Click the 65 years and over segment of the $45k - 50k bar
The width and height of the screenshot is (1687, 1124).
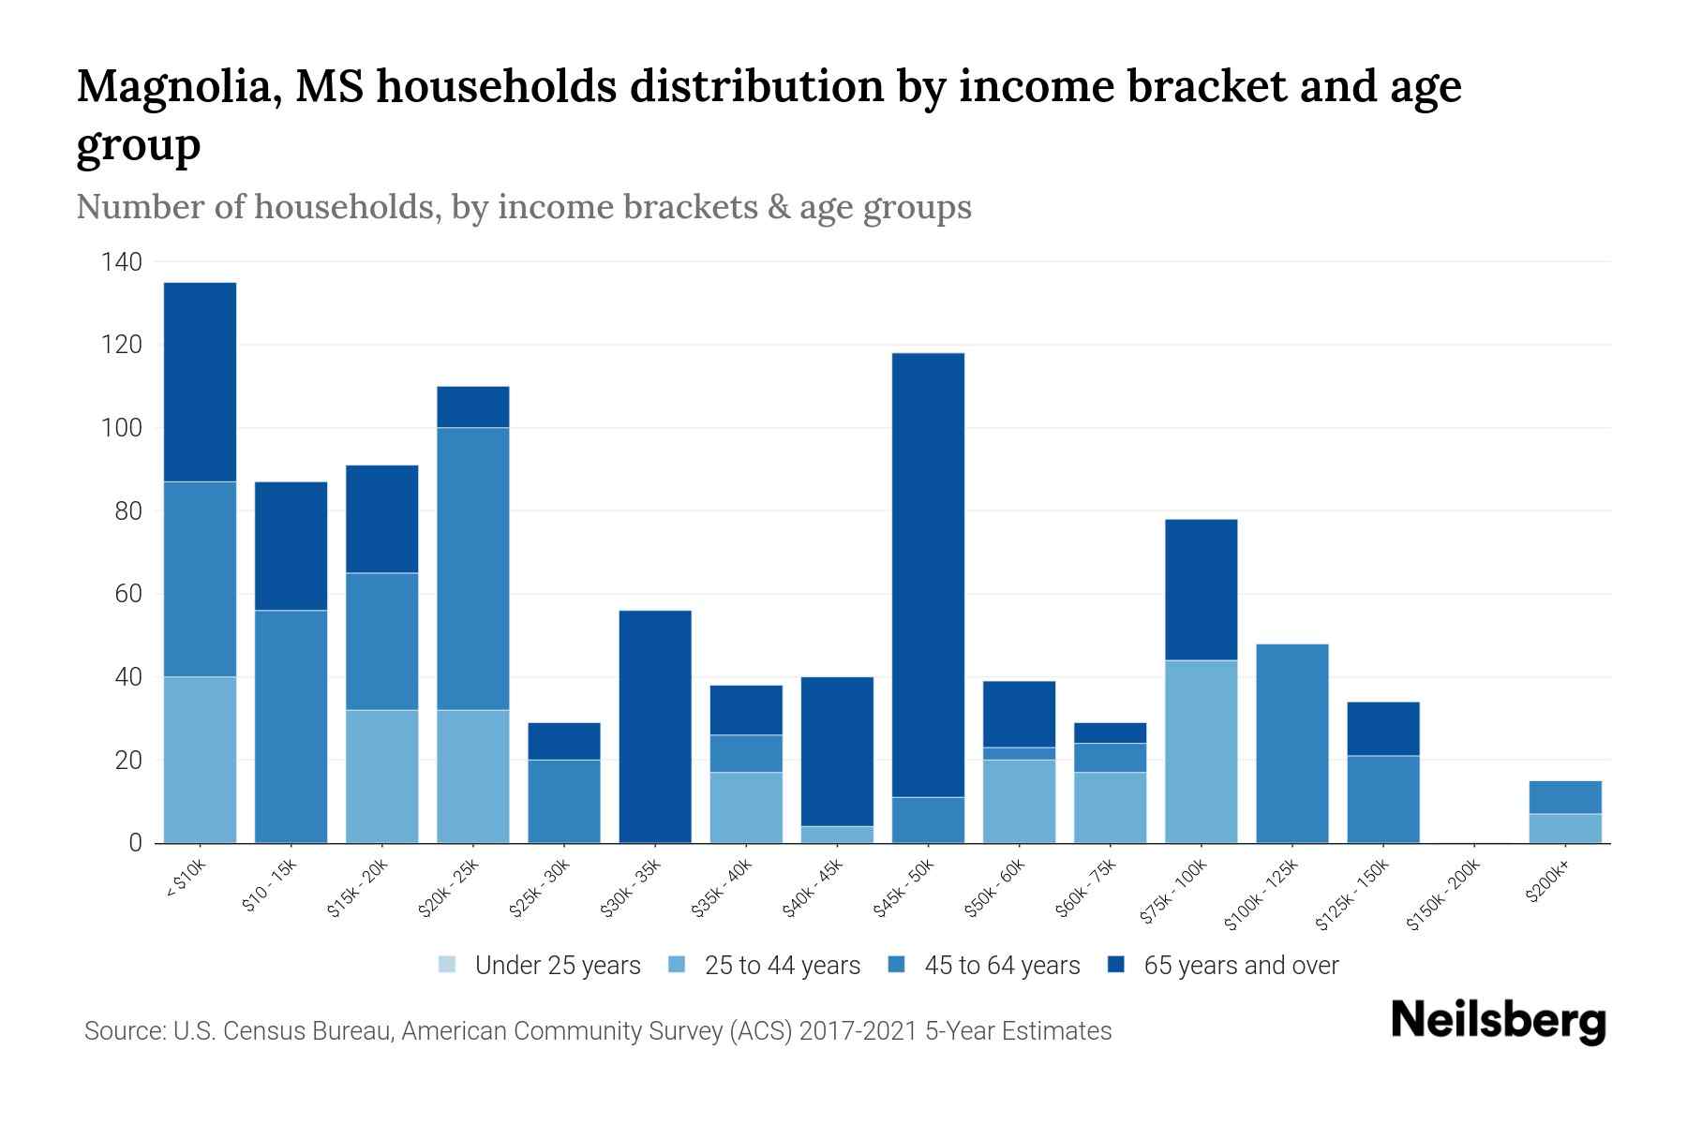[928, 575]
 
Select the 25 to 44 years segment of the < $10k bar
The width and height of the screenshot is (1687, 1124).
[200, 760]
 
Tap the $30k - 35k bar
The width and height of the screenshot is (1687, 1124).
[655, 727]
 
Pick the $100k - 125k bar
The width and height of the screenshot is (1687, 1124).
[1291, 744]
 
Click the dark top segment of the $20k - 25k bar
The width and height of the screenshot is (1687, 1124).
[472, 407]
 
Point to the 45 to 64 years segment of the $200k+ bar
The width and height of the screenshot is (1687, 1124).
[1564, 797]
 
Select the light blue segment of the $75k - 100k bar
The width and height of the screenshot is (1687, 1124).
[1201, 751]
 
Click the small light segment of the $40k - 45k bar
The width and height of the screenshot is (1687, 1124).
[837, 835]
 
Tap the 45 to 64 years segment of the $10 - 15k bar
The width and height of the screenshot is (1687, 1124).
[291, 727]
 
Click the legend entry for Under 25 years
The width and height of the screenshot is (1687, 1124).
[540, 966]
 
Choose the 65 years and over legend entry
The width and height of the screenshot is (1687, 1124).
[1223, 966]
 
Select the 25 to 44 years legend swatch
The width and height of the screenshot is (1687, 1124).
[677, 965]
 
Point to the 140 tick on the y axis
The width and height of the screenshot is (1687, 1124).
[122, 262]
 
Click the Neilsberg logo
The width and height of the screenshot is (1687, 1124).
[1498, 1022]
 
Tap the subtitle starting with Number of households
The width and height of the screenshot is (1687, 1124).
[523, 207]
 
